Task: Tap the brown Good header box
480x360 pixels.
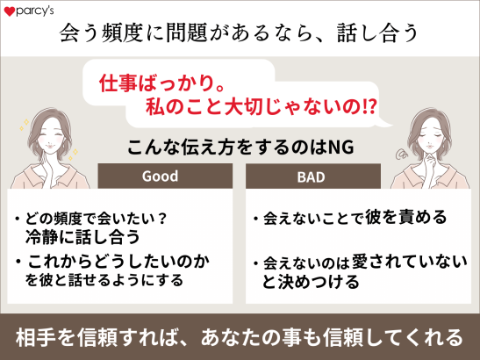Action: [x=161, y=176]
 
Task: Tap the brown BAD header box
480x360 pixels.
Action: [x=311, y=176]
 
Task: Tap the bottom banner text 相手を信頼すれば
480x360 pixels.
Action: [x=105, y=336]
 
